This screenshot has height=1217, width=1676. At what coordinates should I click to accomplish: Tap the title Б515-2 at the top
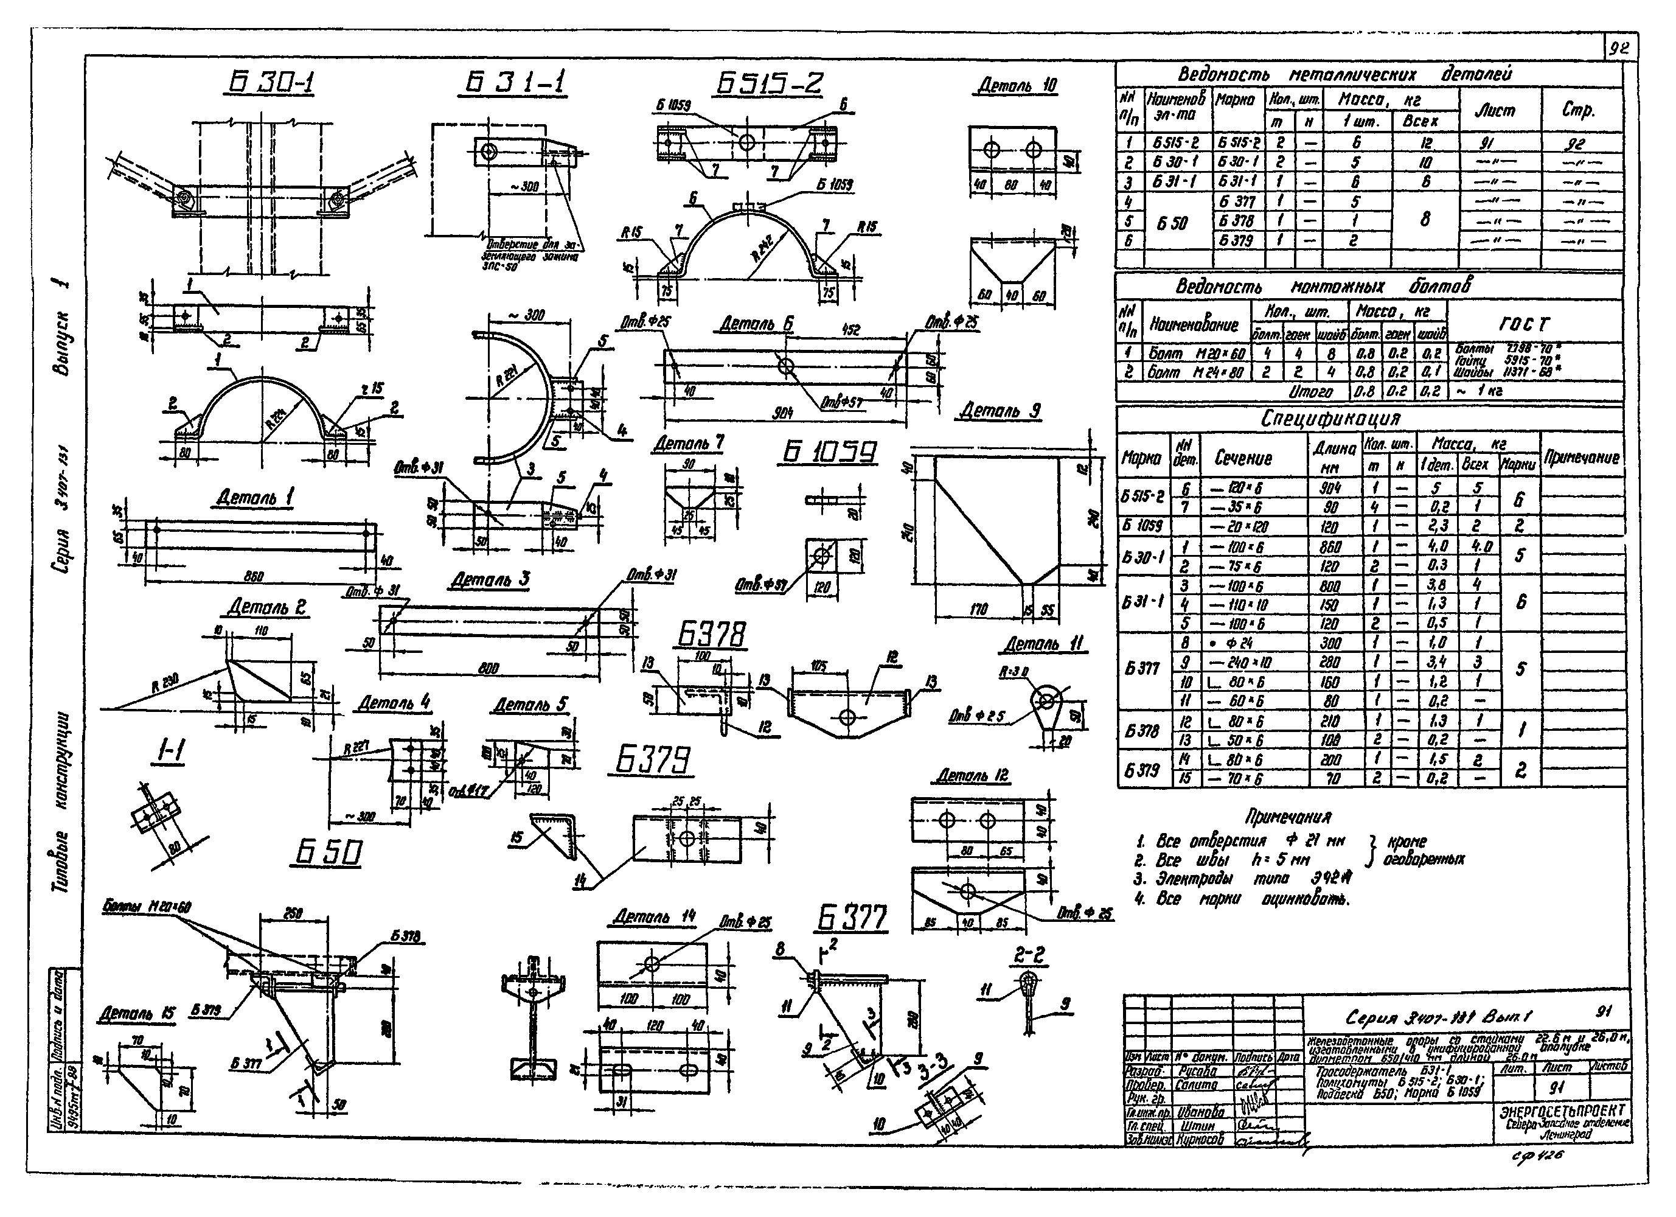pyautogui.click(x=768, y=83)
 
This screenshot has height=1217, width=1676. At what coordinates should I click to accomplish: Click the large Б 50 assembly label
pyautogui.click(x=329, y=853)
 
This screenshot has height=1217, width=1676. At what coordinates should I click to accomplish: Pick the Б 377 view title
pyautogui.click(x=851, y=918)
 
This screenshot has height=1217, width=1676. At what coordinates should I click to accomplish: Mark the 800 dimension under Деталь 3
pyautogui.click(x=489, y=668)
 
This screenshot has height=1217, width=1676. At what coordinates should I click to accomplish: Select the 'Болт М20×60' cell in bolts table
pyautogui.click(x=1197, y=354)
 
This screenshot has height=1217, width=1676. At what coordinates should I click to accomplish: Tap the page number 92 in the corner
pyautogui.click(x=1620, y=49)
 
